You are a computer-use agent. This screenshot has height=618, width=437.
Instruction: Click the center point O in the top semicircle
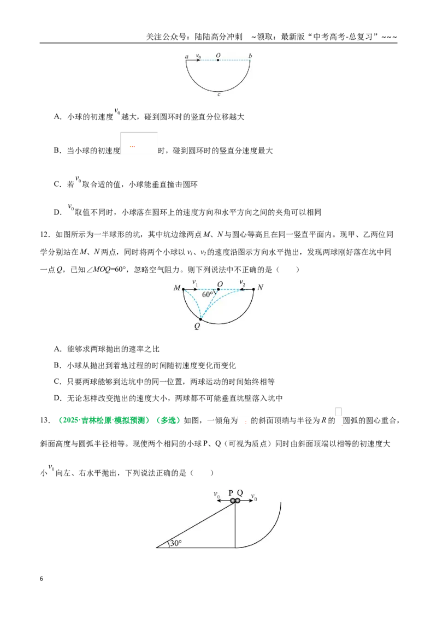pyautogui.click(x=218, y=60)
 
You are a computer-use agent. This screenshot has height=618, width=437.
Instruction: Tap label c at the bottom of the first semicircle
pyautogui.click(x=219, y=94)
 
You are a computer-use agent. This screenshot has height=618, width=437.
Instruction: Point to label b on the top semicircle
pyautogui.click(x=250, y=56)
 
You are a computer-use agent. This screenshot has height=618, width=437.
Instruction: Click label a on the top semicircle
pyautogui.click(x=187, y=57)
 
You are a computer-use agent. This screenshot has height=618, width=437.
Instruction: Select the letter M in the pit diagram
pyautogui.click(x=176, y=288)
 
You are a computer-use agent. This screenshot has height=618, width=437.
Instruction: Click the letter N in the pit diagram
pyautogui.click(x=260, y=287)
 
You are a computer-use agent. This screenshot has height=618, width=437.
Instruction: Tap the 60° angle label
pyautogui.click(x=208, y=294)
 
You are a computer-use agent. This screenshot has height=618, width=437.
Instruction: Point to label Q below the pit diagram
pyautogui.click(x=197, y=326)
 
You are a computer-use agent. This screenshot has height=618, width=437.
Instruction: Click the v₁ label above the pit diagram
pyautogui.click(x=195, y=282)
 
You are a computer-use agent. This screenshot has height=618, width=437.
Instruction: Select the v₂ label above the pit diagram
pyautogui.click(x=242, y=282)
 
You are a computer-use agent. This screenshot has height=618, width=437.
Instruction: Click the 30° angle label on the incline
pyautogui.click(x=175, y=543)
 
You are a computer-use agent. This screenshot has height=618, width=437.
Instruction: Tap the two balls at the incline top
pyautogui.click(x=235, y=501)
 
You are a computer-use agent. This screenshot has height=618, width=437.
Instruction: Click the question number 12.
pyautogui.click(x=45, y=235)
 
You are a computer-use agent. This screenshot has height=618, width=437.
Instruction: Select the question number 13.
pyautogui.click(x=45, y=420)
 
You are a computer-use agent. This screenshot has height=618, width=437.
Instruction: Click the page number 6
pyautogui.click(x=42, y=579)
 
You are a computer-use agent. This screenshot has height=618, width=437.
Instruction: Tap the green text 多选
pyautogui.click(x=168, y=420)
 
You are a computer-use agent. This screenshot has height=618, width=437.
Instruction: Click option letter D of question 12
pyautogui.click(x=57, y=398)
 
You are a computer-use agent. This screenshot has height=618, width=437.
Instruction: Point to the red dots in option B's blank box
pyautogui.click(x=133, y=147)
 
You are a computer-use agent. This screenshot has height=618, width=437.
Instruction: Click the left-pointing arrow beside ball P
pyautogui.click(x=223, y=501)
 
